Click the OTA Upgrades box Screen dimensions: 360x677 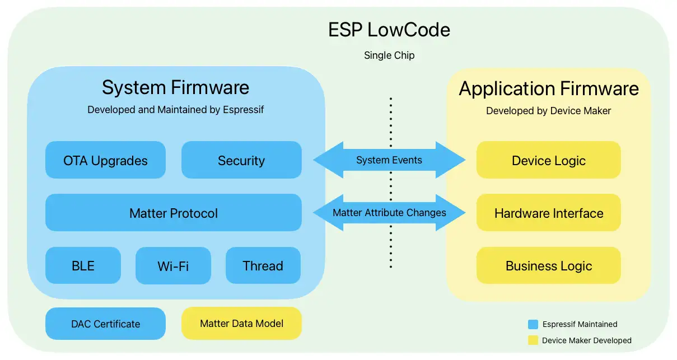tap(105, 160)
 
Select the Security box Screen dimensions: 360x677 tap(241, 160)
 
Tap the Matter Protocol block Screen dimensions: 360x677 tap(173, 213)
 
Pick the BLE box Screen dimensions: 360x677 tap(83, 265)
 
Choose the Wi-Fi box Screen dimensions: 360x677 tap(173, 265)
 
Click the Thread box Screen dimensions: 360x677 tap(263, 265)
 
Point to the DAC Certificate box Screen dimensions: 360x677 tap(105, 324)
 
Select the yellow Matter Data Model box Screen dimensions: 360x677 tap(241, 323)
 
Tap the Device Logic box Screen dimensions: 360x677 tap(548, 160)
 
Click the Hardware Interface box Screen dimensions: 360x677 tap(548, 213)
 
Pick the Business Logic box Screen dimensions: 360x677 tap(548, 265)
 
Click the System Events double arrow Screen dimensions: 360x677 tap(389, 160)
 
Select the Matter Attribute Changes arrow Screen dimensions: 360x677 tap(389, 213)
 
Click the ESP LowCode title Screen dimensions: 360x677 tap(389, 30)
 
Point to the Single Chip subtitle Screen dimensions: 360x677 tap(389, 55)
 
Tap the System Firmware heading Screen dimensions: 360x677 tap(175, 87)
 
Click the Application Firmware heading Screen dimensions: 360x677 tap(549, 88)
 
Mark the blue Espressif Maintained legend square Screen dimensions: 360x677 tap(533, 324)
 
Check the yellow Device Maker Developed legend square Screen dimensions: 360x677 tap(533, 340)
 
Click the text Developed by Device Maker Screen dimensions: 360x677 tap(548, 111)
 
